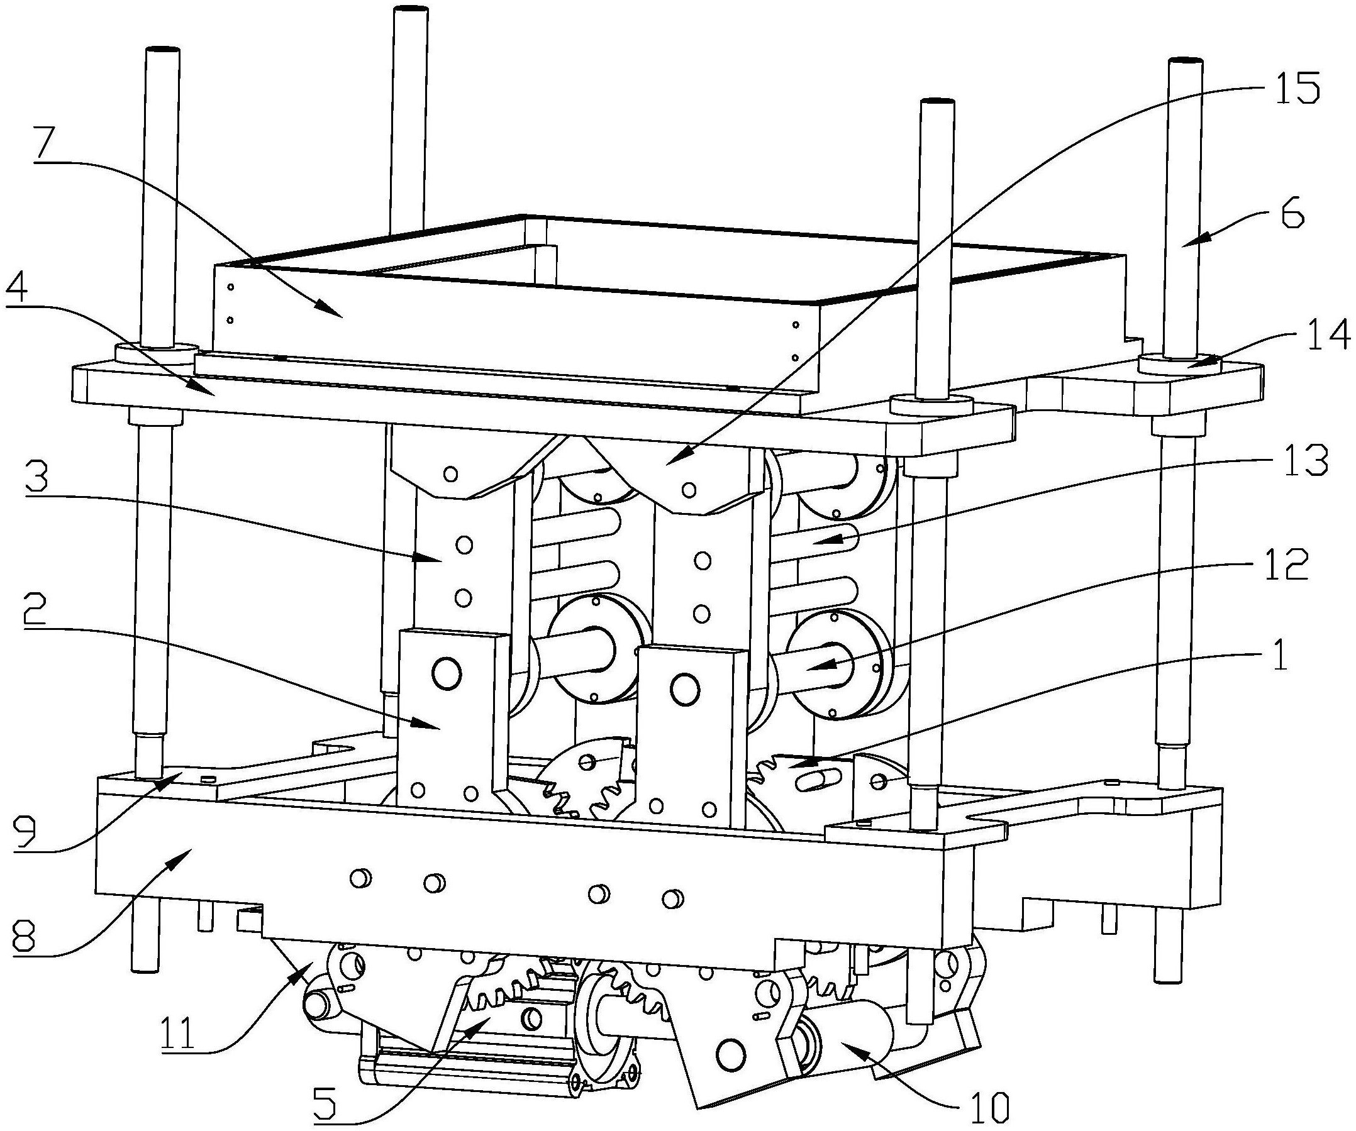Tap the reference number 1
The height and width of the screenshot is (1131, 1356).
[x=1277, y=656]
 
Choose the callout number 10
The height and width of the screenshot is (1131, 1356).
[x=988, y=1106]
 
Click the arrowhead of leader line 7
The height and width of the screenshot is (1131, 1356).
[x=341, y=316]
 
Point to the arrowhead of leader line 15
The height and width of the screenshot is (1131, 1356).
[x=667, y=463]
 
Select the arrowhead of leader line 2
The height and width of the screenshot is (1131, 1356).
[x=440, y=727]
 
